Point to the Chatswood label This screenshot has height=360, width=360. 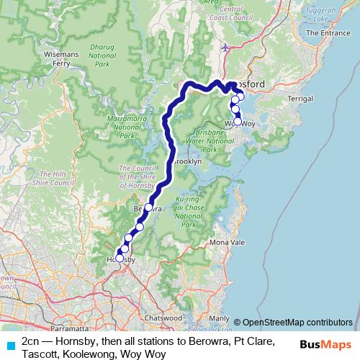[162, 317]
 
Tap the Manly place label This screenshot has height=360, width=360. [219, 318]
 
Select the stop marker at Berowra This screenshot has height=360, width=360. [148, 207]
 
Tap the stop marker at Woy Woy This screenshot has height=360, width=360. [238, 122]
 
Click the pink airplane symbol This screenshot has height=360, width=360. [228, 48]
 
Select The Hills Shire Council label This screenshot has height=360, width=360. [58, 179]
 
